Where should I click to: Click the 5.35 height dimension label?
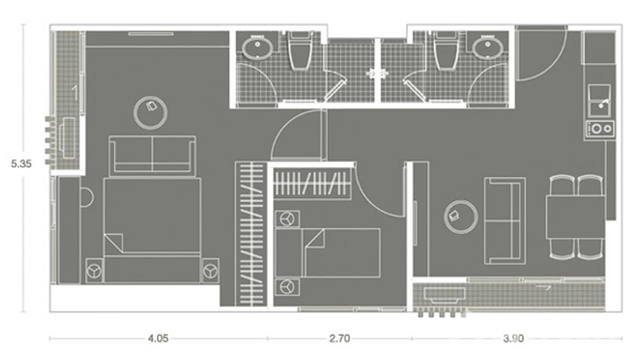21,164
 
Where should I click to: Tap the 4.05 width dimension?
158,339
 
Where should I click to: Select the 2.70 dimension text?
340,339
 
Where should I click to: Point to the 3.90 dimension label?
513,339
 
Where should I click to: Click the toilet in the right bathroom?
447,50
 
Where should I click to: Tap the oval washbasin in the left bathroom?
257,48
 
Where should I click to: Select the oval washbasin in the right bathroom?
488,48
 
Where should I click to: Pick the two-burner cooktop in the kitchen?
600,128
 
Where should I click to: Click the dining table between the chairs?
575,217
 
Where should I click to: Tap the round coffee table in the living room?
461,217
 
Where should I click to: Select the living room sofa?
505,221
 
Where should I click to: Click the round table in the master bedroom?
150,113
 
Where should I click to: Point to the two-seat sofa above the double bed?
152,156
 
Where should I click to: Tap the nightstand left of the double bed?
94,271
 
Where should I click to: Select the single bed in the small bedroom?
328,253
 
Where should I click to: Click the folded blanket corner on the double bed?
114,242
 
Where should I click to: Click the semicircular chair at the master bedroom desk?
87,197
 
